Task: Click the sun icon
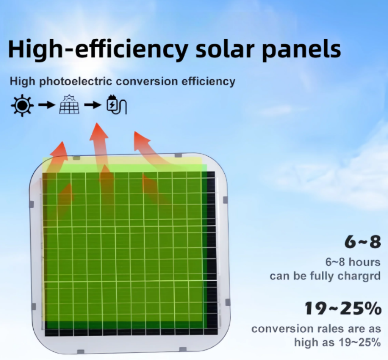[22, 105]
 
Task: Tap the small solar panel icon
[69, 104]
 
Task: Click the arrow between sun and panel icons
[47, 105]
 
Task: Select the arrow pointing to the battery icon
[93, 105]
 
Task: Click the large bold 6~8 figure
[363, 242]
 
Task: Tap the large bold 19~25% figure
[343, 309]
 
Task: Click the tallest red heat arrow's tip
[97, 123]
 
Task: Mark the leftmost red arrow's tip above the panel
[62, 142]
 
